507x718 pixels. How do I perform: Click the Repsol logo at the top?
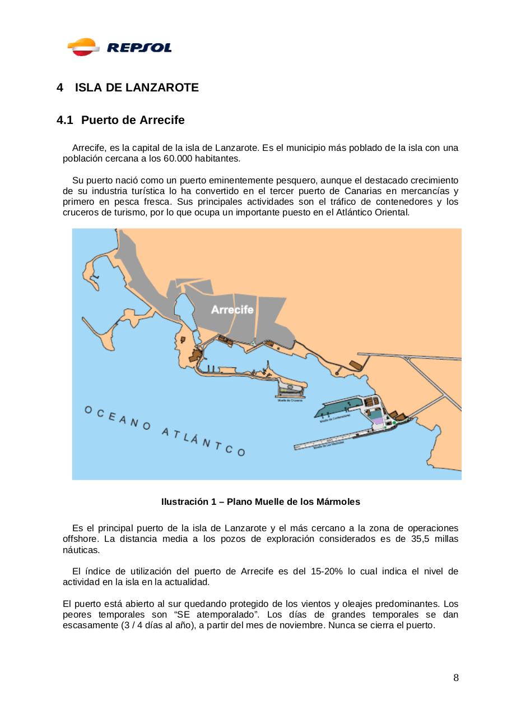[119, 47]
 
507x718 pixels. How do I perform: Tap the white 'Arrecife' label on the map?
[232, 310]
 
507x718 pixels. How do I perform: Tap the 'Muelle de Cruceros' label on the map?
[290, 400]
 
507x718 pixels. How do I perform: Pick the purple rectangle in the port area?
[379, 420]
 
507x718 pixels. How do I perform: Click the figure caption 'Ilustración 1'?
[188, 502]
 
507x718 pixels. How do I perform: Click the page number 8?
[456, 678]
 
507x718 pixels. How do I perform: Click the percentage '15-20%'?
[327, 572]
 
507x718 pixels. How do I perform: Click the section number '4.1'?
[65, 121]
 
